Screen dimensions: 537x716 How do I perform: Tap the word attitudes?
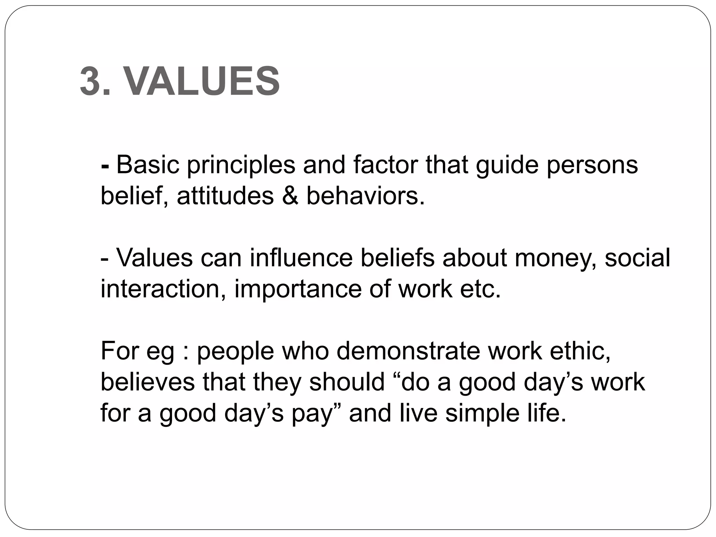[x=225, y=196]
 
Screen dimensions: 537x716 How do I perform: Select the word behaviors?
[x=365, y=196]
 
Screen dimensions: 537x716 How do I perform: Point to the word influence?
[x=301, y=258]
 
